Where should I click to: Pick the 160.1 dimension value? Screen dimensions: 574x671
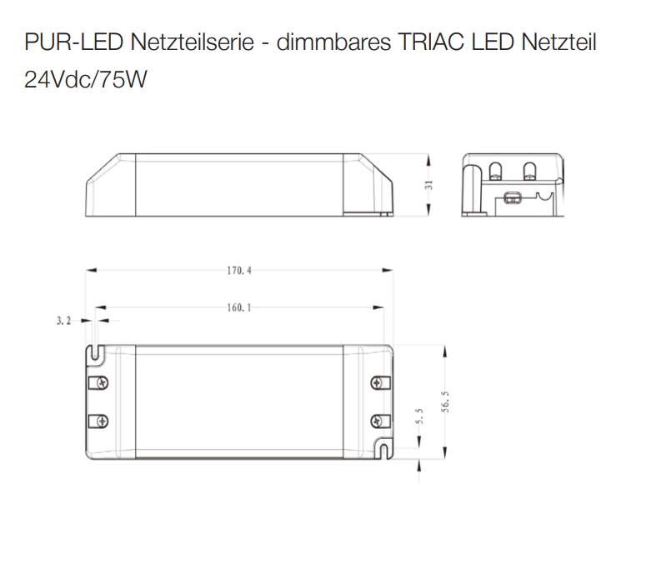click(x=236, y=307)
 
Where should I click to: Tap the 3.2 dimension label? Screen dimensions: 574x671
click(x=64, y=319)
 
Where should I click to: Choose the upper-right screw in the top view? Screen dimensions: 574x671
click(x=378, y=383)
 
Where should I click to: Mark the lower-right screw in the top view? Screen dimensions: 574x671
click(x=378, y=419)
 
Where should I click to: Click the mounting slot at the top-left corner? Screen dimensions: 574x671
click(x=97, y=353)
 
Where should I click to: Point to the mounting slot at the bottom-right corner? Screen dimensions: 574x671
click(x=383, y=449)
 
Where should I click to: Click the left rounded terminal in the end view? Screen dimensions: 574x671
click(x=497, y=171)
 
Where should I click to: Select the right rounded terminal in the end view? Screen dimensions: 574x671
click(x=528, y=171)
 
